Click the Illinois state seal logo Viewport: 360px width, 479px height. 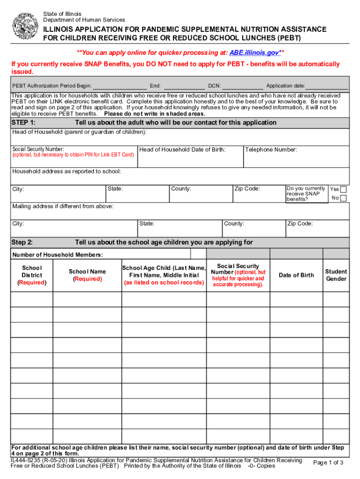[25, 26]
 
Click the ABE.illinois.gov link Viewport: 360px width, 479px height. [254, 52]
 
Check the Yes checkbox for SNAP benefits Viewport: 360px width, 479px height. [344, 189]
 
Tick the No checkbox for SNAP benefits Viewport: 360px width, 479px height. [344, 198]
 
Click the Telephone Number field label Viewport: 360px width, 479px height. [271, 150]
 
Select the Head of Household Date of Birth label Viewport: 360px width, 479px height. [182, 150]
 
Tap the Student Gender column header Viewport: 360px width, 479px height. [336, 275]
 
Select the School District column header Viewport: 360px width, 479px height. [32, 275]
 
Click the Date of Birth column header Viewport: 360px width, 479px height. [296, 275]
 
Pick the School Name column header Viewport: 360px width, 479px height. [87, 275]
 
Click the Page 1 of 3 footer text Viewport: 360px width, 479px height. [328, 463]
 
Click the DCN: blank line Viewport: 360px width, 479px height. [243, 86]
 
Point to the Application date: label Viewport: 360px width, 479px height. [286, 86]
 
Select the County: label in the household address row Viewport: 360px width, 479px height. [181, 189]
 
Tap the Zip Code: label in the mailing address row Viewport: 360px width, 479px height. [300, 224]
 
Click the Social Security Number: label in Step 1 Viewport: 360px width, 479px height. [38, 149]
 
